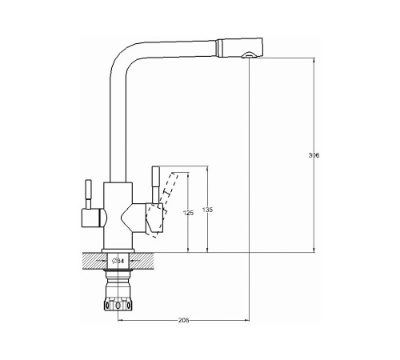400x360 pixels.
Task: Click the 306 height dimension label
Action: [314, 155]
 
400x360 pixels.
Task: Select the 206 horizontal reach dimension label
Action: [183, 320]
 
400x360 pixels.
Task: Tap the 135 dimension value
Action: [207, 210]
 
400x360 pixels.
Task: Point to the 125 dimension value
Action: [188, 213]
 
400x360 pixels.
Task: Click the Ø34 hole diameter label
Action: [118, 261]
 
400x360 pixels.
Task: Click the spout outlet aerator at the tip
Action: [248, 55]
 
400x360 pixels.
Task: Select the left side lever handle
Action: [88, 194]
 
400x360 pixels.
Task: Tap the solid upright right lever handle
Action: [155, 185]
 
